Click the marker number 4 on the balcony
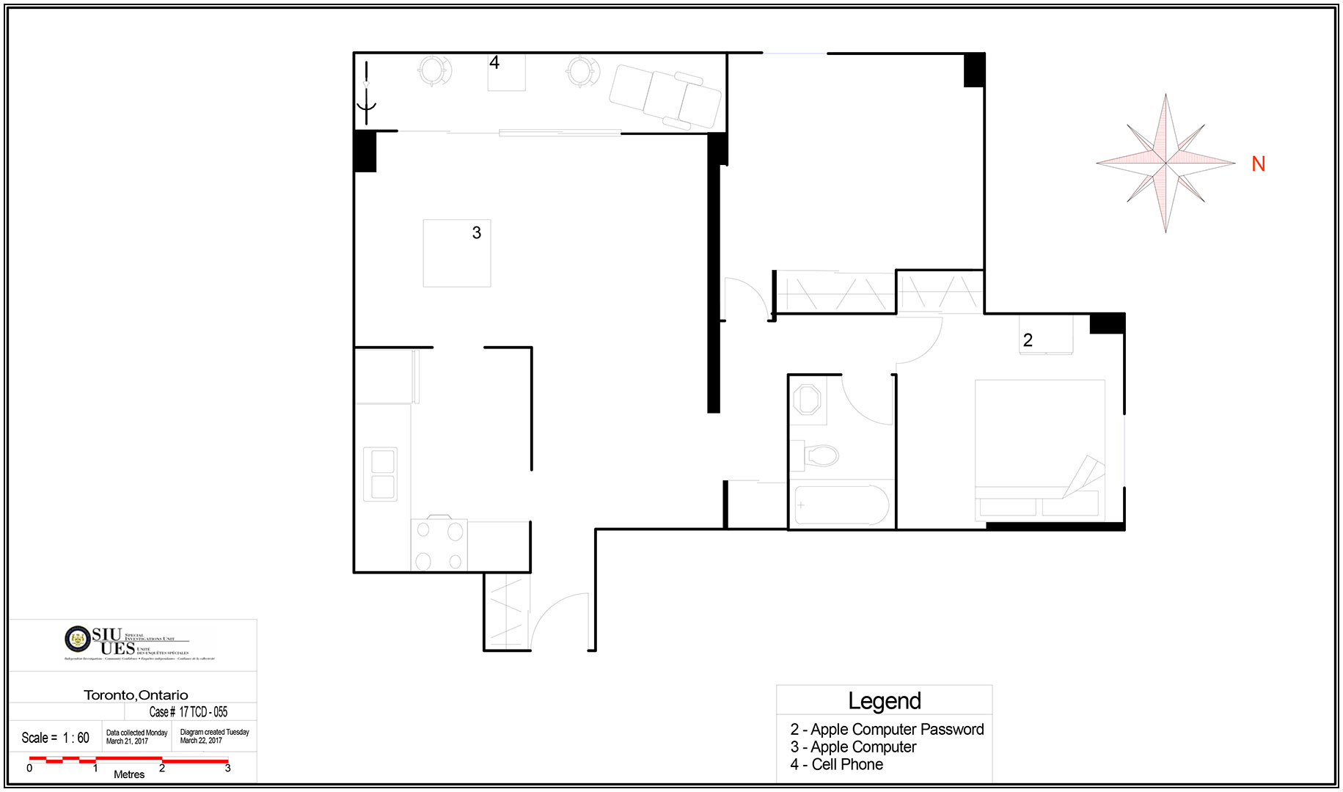pyautogui.click(x=494, y=63)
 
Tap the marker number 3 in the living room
pyautogui.click(x=477, y=233)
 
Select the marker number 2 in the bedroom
pyautogui.click(x=1028, y=340)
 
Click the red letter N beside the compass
pyautogui.click(x=1259, y=164)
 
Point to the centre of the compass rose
pyautogui.click(x=1165, y=163)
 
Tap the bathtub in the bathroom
pyautogui.click(x=841, y=505)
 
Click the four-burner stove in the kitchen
pyautogui.click(x=439, y=545)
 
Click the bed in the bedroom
pyautogui.click(x=1039, y=449)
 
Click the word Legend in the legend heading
pyautogui.click(x=884, y=701)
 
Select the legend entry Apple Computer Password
pyautogui.click(x=887, y=730)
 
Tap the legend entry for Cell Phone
pyautogui.click(x=837, y=765)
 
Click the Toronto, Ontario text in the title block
pyautogui.click(x=136, y=695)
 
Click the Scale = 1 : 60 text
pyautogui.click(x=55, y=738)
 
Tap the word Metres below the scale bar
pyautogui.click(x=129, y=774)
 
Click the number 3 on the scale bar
pyautogui.click(x=227, y=769)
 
